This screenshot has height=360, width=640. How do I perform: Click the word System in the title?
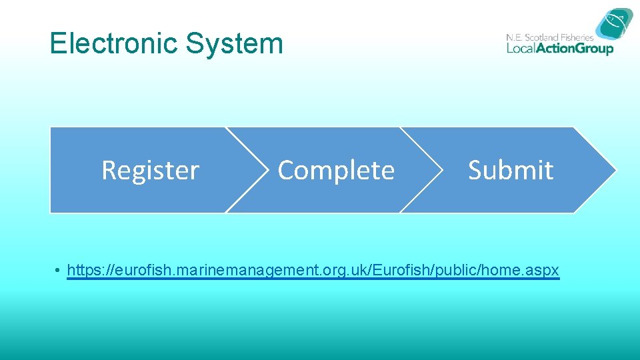235,43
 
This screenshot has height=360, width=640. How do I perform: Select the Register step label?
150,171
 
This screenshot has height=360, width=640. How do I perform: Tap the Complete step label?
336,171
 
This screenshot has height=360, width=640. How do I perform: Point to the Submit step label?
511,171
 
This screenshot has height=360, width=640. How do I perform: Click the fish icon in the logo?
614,25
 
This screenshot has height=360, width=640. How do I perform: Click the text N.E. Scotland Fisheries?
549,37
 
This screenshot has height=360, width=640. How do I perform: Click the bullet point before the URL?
59,271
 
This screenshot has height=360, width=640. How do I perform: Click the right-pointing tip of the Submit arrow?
613,170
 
